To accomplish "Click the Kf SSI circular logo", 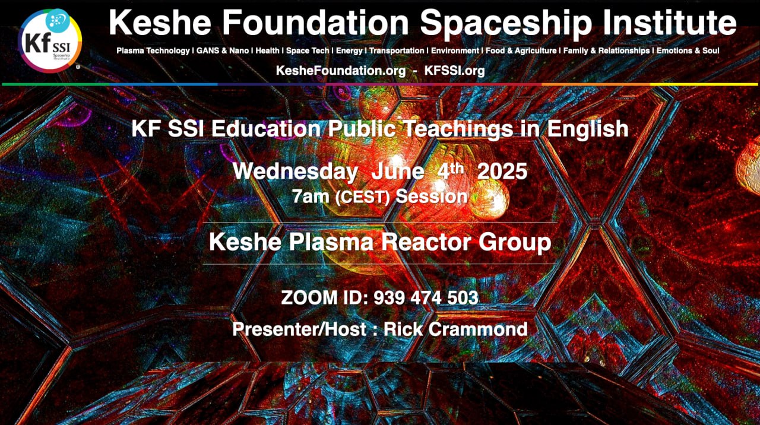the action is point(50,41).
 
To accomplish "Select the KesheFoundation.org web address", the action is point(341,71).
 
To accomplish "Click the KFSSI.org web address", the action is point(455,71).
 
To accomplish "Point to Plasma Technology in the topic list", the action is point(153,50).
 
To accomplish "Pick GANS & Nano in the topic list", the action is point(223,50).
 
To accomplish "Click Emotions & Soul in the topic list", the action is point(688,50).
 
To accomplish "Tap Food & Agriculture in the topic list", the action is point(521,50).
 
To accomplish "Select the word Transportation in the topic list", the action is point(397,50).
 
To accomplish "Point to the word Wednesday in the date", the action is point(295,172).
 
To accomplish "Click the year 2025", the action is point(502,172).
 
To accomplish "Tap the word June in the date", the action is point(397,172).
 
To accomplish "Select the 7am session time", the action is point(311,196).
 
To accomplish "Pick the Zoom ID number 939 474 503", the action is point(426,298).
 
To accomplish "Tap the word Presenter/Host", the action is point(299,329).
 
